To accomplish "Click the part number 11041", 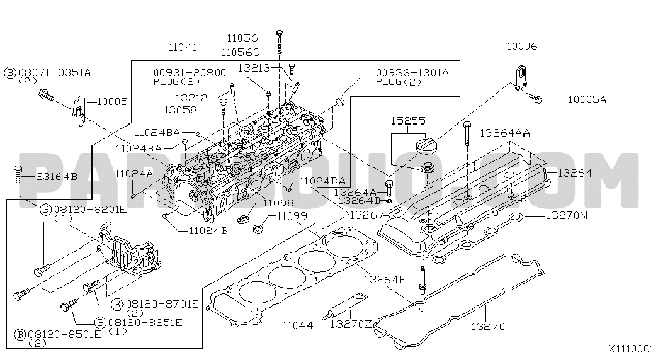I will [183, 47].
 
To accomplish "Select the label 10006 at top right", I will [522, 47].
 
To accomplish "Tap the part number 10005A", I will [586, 99].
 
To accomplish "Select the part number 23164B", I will [57, 177].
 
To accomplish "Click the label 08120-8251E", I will [145, 323].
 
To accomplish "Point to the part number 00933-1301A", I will [412, 73].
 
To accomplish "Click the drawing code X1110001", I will [631, 348].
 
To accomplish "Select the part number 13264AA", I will [505, 133].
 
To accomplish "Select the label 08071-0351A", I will [54, 73].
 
